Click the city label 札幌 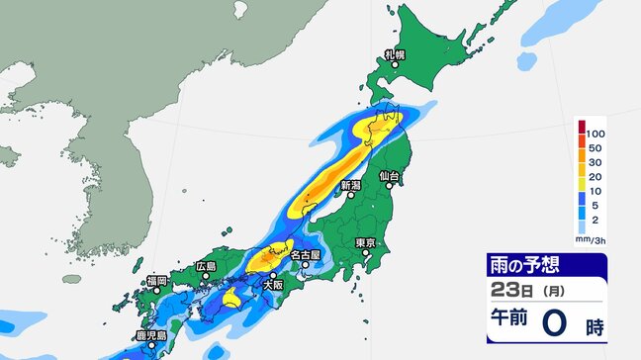[394, 54]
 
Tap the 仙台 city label [393, 176]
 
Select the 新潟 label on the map [350, 185]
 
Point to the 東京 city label [366, 242]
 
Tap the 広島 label [205, 266]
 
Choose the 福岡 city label [156, 281]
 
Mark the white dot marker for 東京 [365, 253]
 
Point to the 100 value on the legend [596, 131]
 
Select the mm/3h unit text [591, 238]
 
